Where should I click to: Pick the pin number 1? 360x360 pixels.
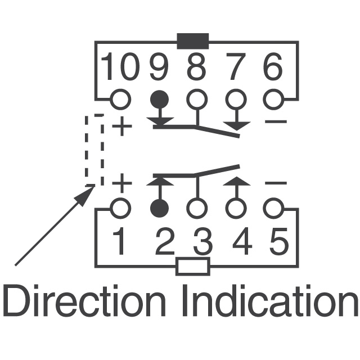tap(120, 242)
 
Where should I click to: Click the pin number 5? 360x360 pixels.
tap(278, 242)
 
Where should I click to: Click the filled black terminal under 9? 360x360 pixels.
tap(160, 100)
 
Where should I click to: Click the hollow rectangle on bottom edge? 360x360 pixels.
tap(193, 266)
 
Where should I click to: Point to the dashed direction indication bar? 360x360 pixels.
tap(94, 150)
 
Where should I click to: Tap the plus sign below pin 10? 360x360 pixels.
tap(122, 126)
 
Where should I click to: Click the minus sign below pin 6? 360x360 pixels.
tap(276, 122)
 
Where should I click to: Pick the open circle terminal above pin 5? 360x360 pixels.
tap(273, 209)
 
